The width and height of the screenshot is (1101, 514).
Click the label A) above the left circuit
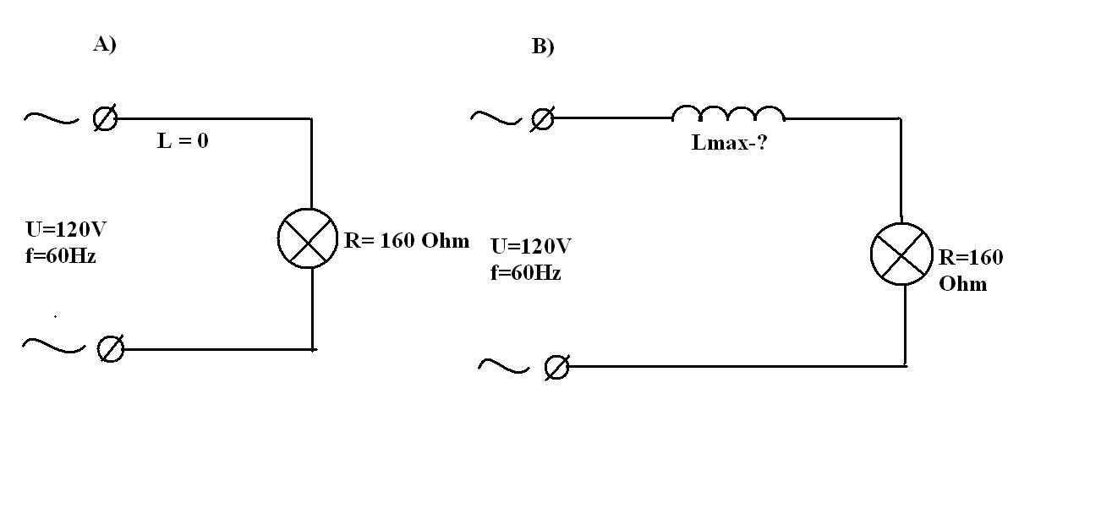pyautogui.click(x=104, y=45)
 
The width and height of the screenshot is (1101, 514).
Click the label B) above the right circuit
pyautogui.click(x=543, y=46)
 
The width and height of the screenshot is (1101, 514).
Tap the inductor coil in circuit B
pyautogui.click(x=728, y=115)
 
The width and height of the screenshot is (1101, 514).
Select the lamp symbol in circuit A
pyautogui.click(x=307, y=238)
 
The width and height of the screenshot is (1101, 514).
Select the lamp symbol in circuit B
pyautogui.click(x=901, y=254)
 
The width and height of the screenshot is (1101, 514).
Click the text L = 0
pyautogui.click(x=183, y=141)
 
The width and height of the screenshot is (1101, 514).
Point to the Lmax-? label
pyautogui.click(x=729, y=142)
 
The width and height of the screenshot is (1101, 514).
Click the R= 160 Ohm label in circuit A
pyautogui.click(x=406, y=240)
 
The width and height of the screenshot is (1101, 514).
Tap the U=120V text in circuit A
pyautogui.click(x=66, y=230)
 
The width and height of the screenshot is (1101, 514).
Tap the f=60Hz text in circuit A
pyautogui.click(x=60, y=255)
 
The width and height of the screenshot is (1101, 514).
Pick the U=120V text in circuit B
pyautogui.click(x=531, y=247)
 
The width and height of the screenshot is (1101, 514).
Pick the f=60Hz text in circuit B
pyautogui.click(x=525, y=273)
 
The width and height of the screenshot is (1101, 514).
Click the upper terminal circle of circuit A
pyautogui.click(x=105, y=119)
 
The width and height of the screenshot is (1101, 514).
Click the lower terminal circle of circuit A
pyautogui.click(x=110, y=348)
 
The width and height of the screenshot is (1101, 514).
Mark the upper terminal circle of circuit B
pyautogui.click(x=542, y=119)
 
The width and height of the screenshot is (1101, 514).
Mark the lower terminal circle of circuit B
pyautogui.click(x=556, y=367)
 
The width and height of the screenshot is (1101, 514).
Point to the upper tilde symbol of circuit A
pyautogui.click(x=50, y=118)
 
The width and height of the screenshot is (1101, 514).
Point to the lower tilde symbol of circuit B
pyautogui.click(x=503, y=366)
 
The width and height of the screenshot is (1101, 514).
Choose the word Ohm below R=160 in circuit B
pyautogui.click(x=962, y=283)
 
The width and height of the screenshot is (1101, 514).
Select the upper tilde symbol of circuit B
pyautogui.click(x=496, y=118)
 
